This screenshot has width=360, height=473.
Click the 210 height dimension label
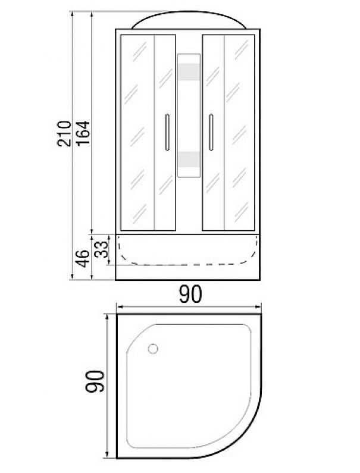(x=64, y=134)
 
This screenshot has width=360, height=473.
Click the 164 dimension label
(x=83, y=133)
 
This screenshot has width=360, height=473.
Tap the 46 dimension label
(x=83, y=258)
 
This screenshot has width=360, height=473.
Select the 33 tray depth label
(x=101, y=249)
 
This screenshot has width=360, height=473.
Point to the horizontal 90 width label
(x=190, y=295)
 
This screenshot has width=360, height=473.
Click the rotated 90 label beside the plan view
(x=95, y=381)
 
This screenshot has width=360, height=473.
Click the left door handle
(x=167, y=132)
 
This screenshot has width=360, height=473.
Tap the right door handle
(x=211, y=132)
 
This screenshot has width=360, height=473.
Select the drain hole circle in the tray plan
(x=153, y=349)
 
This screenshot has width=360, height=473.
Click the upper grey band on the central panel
(x=189, y=72)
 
